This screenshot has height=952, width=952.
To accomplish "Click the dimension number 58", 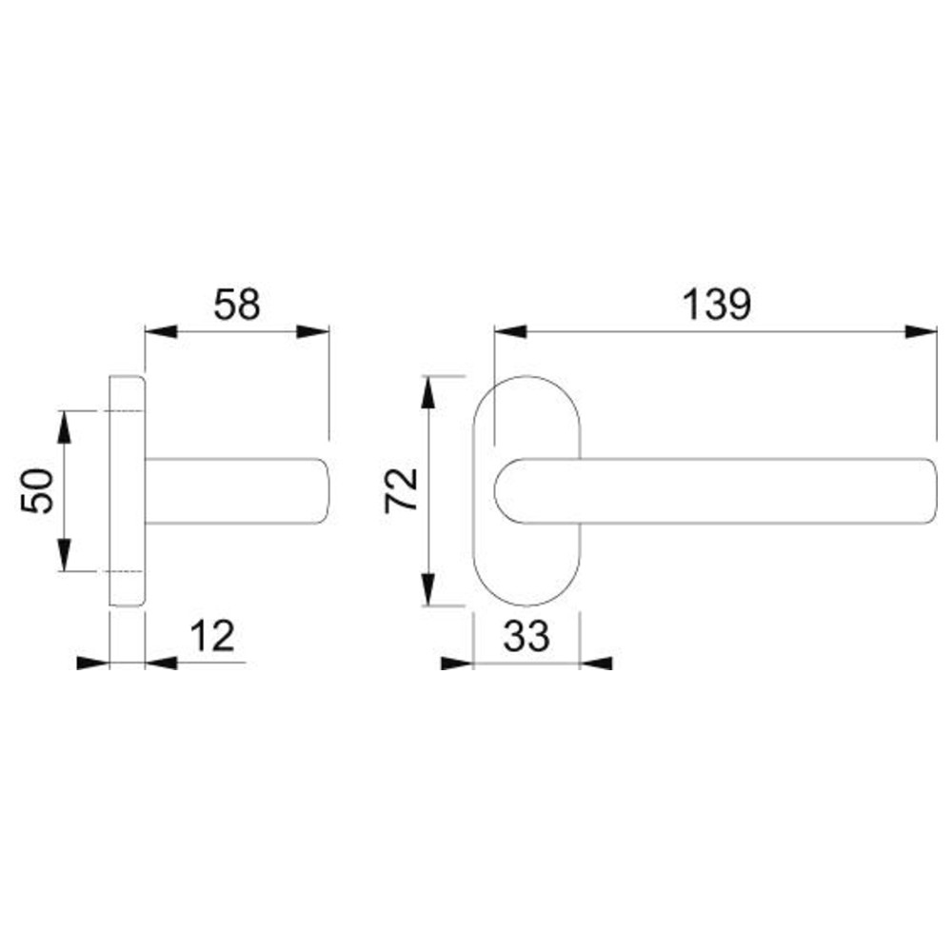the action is pos(237,305).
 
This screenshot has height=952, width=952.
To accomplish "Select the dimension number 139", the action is pos(717,305).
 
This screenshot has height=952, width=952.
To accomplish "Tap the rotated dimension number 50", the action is pos(37,490).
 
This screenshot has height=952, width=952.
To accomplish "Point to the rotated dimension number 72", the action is pos(402,490).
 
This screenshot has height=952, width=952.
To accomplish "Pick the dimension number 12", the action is pos(212,636).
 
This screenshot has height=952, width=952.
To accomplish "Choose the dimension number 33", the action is pos(526,636).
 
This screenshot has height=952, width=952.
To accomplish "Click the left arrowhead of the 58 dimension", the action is pos(161,331).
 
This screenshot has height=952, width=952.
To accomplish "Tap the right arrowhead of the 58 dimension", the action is pos(312,331).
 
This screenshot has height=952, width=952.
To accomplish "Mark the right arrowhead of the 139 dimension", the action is pos(921,331).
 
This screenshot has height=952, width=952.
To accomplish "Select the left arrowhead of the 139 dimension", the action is pos(510,331).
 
